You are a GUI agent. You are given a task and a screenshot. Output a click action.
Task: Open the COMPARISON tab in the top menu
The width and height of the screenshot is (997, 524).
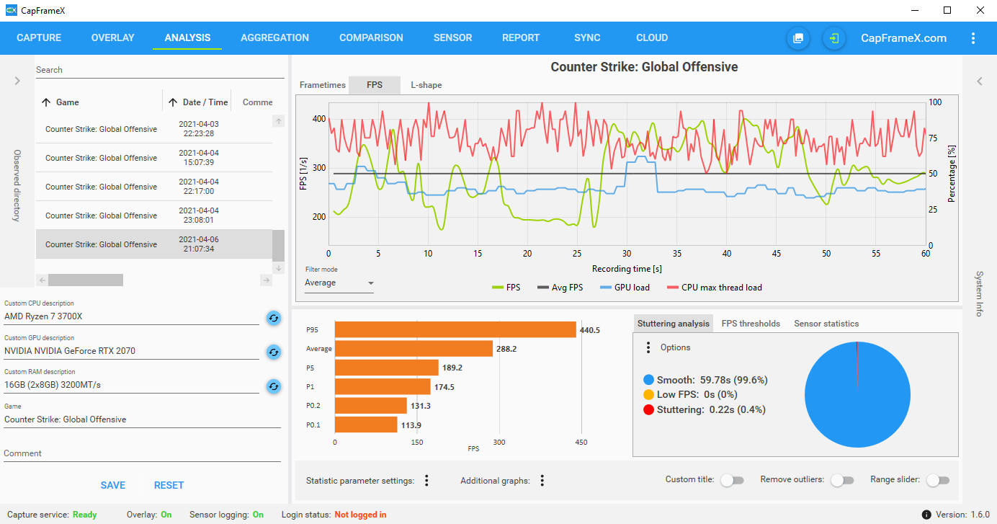click(x=371, y=38)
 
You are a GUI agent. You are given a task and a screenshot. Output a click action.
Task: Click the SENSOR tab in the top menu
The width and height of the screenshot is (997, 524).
click(x=452, y=38)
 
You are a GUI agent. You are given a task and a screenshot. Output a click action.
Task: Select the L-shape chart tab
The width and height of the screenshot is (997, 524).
click(x=426, y=85)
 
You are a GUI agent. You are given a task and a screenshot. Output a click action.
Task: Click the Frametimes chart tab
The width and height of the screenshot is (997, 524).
click(x=322, y=85)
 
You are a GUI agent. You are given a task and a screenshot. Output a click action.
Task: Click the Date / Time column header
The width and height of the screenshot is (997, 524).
click(x=205, y=102)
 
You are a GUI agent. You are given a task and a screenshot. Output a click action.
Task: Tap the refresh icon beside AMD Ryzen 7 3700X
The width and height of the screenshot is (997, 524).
click(x=274, y=318)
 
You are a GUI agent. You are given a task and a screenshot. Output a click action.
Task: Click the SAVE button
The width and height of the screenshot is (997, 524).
click(x=112, y=485)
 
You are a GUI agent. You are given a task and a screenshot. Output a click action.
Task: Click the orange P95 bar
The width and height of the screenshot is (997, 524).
click(x=455, y=330)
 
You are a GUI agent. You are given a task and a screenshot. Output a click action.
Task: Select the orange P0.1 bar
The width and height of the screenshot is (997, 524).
click(x=366, y=425)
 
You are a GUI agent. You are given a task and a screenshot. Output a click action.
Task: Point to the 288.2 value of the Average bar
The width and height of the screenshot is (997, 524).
click(x=506, y=349)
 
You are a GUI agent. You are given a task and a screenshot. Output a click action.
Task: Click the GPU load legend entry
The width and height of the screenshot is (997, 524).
click(x=625, y=288)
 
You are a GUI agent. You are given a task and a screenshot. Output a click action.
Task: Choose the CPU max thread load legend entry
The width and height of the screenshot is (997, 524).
click(x=715, y=288)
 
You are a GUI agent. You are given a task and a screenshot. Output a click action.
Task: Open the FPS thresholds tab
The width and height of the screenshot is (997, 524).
click(x=751, y=324)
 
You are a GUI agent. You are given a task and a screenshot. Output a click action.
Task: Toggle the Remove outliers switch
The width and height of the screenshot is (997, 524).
click(x=842, y=480)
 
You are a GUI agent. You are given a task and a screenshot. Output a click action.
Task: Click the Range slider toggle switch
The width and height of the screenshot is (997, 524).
click(x=938, y=480)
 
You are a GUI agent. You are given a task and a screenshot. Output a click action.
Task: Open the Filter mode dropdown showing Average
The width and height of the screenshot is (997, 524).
click(x=339, y=283)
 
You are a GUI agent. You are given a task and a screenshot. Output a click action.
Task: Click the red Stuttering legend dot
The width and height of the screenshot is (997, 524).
click(x=648, y=409)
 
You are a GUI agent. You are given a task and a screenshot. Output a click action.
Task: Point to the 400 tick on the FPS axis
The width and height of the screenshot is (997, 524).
click(x=319, y=119)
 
